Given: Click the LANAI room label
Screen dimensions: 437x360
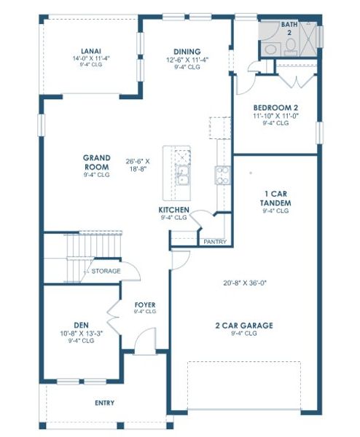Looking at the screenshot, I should pyautogui.click(x=91, y=51).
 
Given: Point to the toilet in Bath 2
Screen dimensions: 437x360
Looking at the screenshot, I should pyautogui.click(x=289, y=45).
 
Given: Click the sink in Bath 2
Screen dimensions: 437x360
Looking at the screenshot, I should pyautogui.click(x=270, y=48).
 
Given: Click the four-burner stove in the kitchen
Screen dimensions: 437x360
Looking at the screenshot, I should pyautogui.click(x=220, y=175).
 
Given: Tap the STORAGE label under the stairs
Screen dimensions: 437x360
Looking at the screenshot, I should pyautogui.click(x=105, y=271).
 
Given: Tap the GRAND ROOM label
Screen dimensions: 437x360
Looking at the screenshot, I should pyautogui.click(x=96, y=162).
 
